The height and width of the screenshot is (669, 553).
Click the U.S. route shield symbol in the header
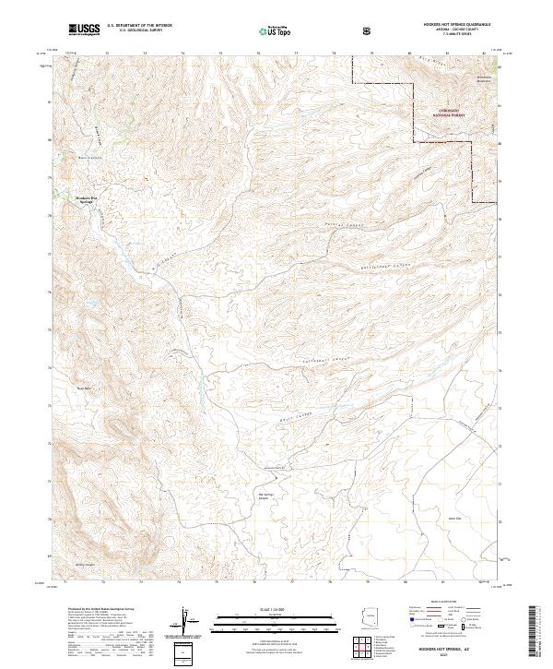click(369, 31)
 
